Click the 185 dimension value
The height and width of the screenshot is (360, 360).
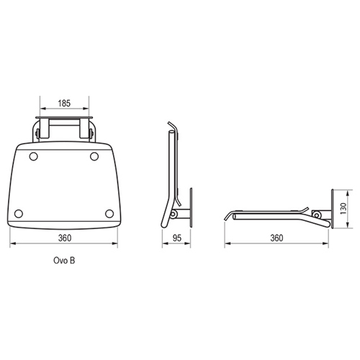(x=64, y=104)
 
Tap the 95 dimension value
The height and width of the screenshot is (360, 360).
(x=177, y=238)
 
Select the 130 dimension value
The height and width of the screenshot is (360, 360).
(x=343, y=209)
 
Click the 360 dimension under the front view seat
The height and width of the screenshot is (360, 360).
(x=65, y=238)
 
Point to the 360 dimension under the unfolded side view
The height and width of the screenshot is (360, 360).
(x=276, y=238)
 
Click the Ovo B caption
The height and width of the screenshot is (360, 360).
(x=64, y=261)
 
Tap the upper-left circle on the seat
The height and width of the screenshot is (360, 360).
(x=33, y=157)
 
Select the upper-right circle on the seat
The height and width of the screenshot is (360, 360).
(x=94, y=156)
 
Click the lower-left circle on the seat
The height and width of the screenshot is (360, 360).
(x=19, y=213)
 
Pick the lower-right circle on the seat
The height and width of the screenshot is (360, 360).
(x=109, y=213)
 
